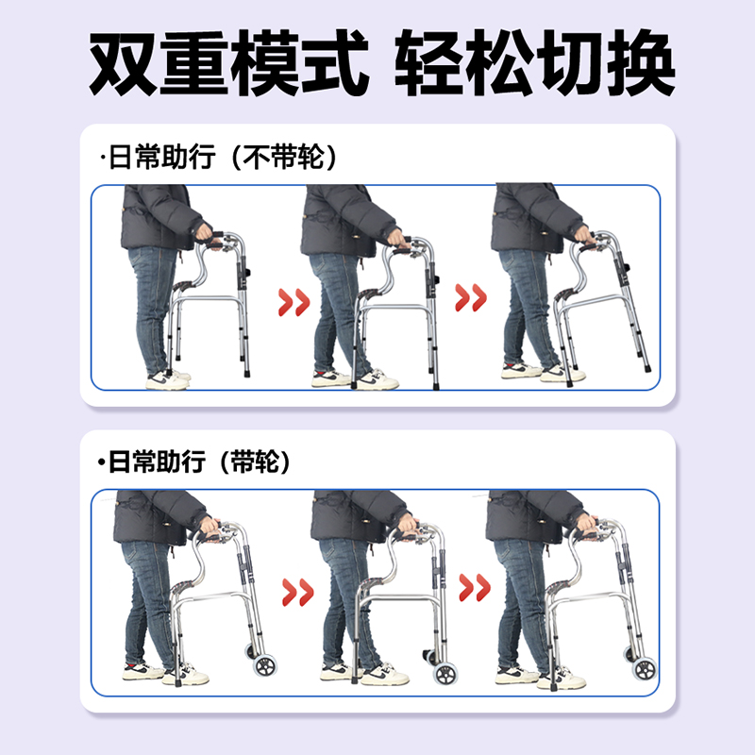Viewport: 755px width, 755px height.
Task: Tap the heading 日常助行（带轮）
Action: pos(198,462)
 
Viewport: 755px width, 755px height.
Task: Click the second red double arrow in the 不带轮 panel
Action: pos(471,299)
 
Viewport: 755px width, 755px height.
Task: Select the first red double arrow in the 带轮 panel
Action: pos(297,594)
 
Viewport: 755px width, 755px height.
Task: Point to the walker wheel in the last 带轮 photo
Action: pos(645,670)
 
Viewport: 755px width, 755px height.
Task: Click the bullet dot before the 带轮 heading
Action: pos(101,462)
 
